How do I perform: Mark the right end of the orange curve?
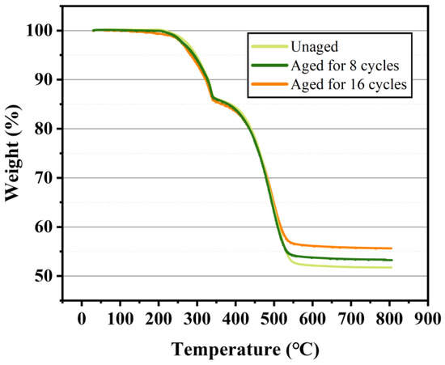pos(392,248)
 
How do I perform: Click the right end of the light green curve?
pos(392,268)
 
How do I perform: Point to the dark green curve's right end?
pos(392,260)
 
